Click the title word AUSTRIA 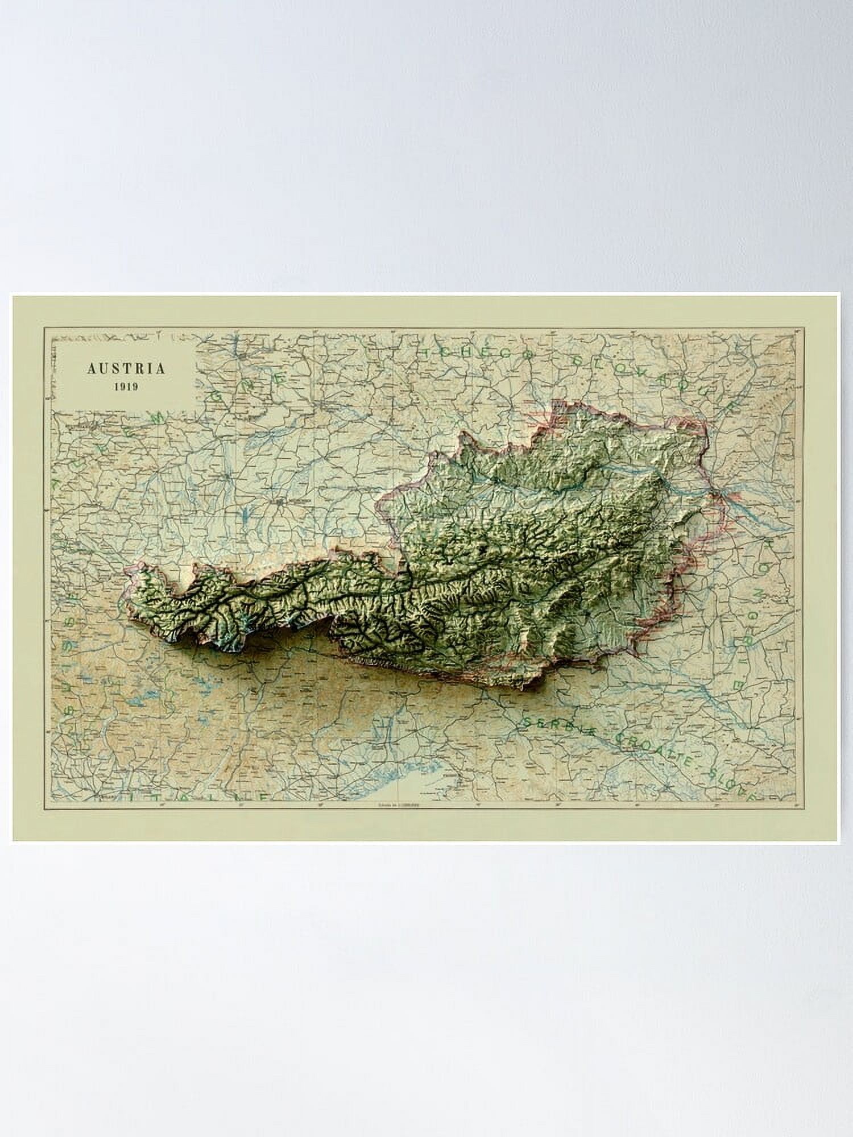tap(126, 368)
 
